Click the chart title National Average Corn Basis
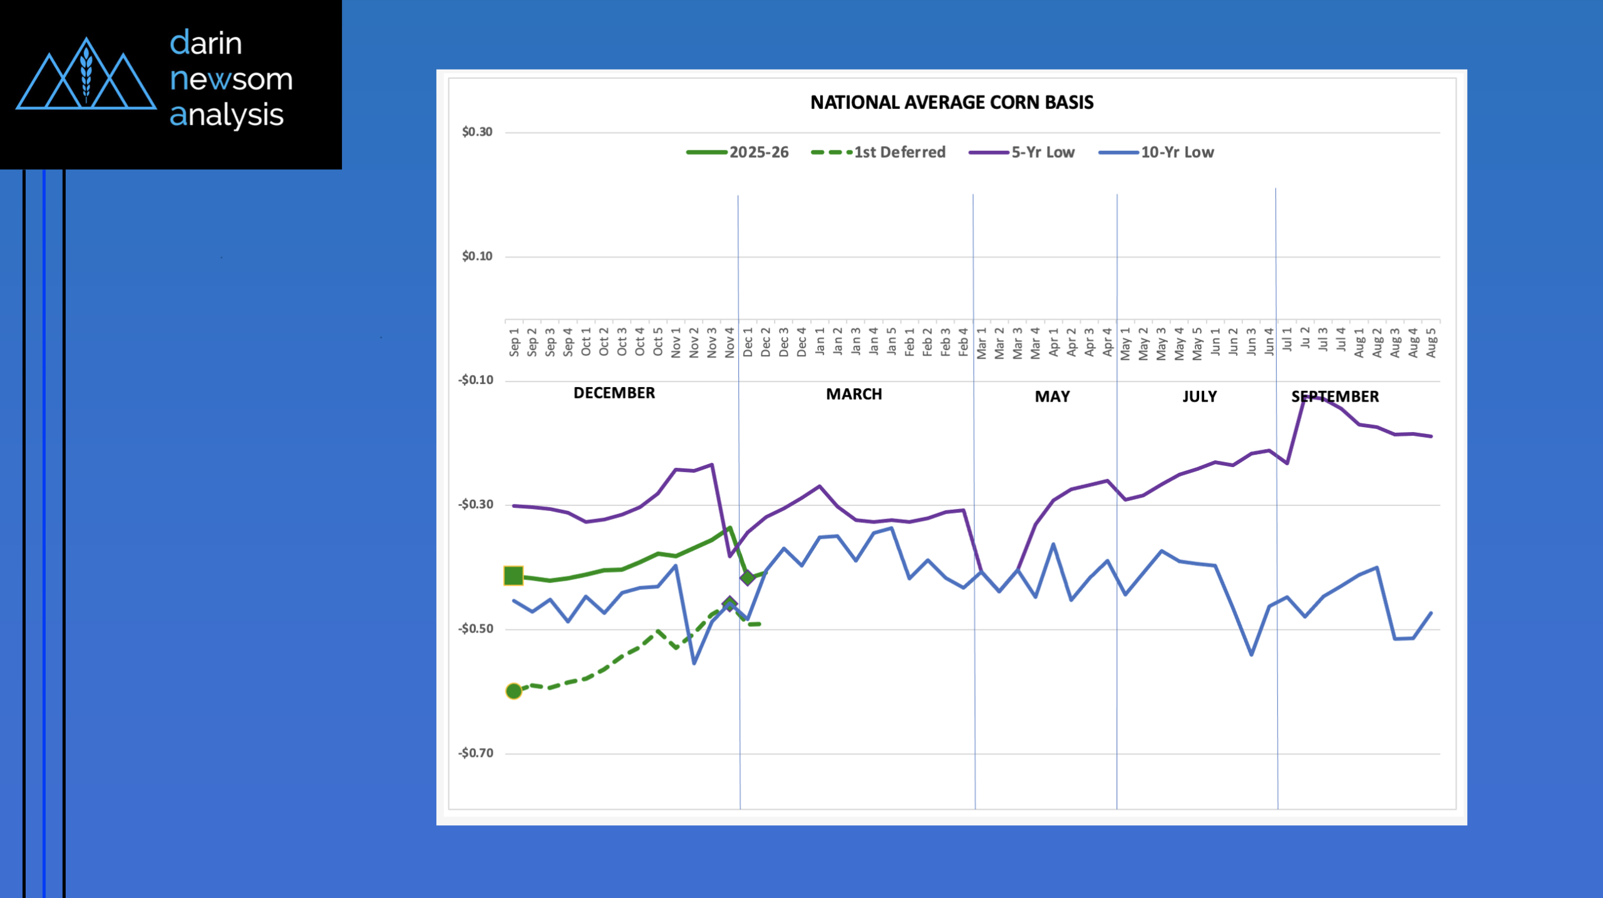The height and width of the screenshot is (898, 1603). [951, 103]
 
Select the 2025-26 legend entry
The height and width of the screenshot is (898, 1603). [738, 152]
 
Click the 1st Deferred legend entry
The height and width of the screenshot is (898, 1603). [878, 152]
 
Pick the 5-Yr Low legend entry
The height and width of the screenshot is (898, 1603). [1022, 152]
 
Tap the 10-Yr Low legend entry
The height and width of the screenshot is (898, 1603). [1156, 152]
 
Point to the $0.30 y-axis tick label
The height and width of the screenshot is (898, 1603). [477, 132]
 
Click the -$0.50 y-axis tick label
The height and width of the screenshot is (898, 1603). [476, 629]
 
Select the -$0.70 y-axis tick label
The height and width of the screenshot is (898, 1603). [476, 753]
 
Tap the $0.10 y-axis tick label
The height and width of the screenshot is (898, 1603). [477, 256]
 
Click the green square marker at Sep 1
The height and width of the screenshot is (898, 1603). [513, 575]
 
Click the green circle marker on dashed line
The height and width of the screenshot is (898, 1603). [513, 691]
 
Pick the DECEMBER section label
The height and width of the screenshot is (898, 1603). [614, 393]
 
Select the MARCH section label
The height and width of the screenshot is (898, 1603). [853, 394]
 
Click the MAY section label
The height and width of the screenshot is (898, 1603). [1052, 396]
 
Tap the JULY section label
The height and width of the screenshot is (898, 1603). [1199, 396]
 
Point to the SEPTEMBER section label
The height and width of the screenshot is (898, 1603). [1334, 396]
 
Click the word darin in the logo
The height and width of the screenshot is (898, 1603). [206, 43]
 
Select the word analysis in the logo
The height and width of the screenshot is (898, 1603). [227, 115]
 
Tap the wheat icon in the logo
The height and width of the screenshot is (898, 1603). [86, 74]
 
